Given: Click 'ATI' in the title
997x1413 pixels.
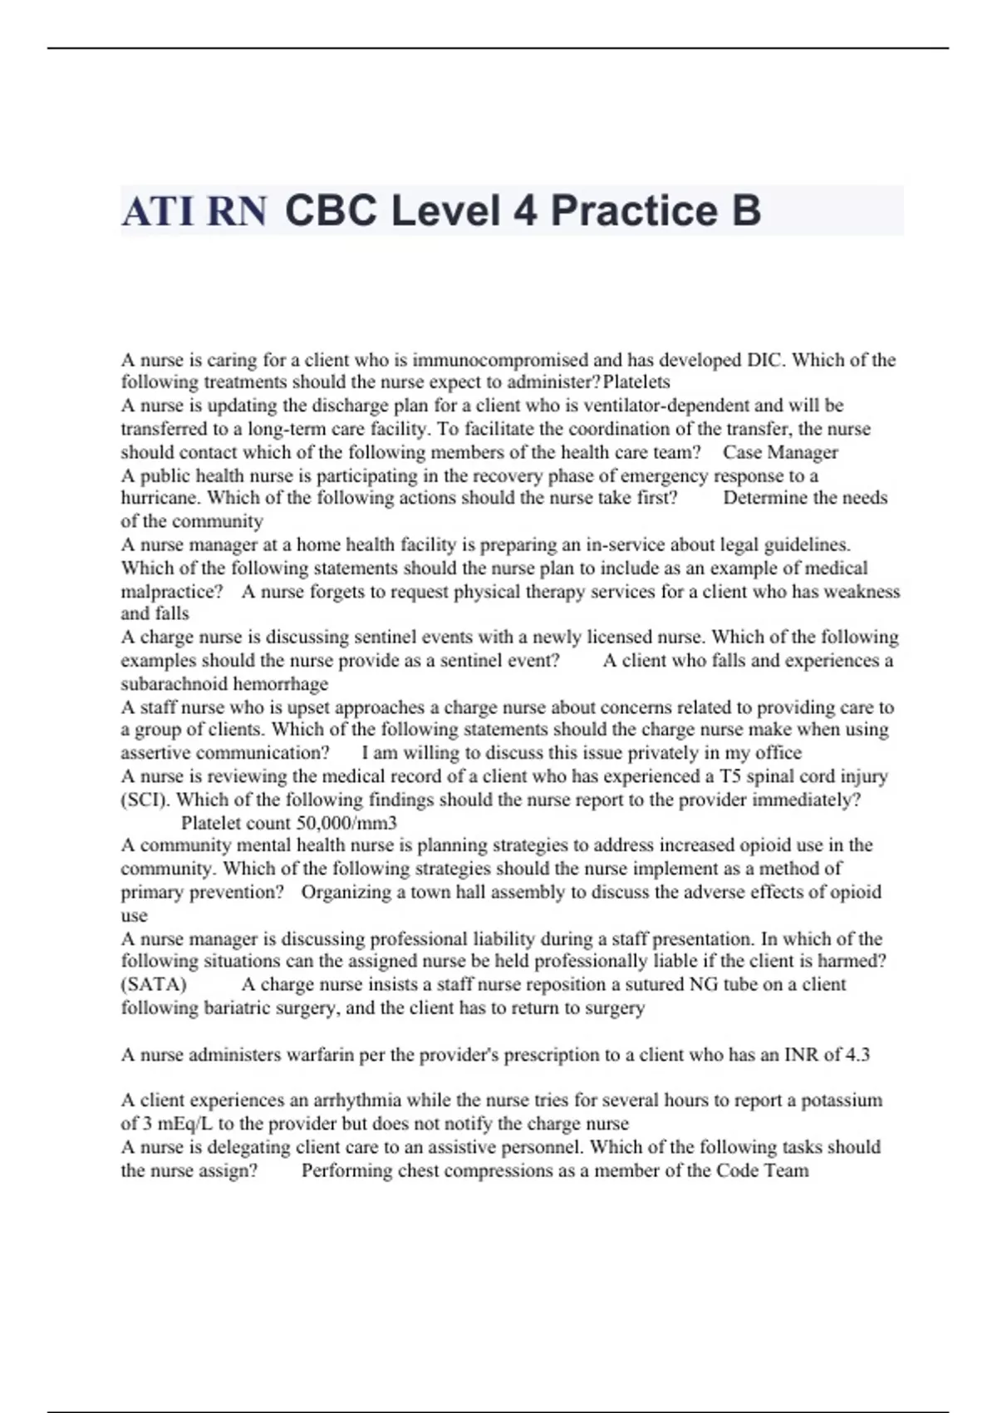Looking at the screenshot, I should pos(159,211).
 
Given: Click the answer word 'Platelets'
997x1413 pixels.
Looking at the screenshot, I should pos(636,382).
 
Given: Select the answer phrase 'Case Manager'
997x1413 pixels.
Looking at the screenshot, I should pos(780,452).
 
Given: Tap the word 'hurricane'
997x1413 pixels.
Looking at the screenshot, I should pos(160,498).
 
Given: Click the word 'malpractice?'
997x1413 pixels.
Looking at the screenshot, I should pos(172,592).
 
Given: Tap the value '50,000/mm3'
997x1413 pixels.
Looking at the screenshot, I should pos(346,823).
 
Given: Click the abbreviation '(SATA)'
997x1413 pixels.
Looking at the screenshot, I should pos(154,985).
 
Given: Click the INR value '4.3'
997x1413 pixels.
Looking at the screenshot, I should pos(857,1055).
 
